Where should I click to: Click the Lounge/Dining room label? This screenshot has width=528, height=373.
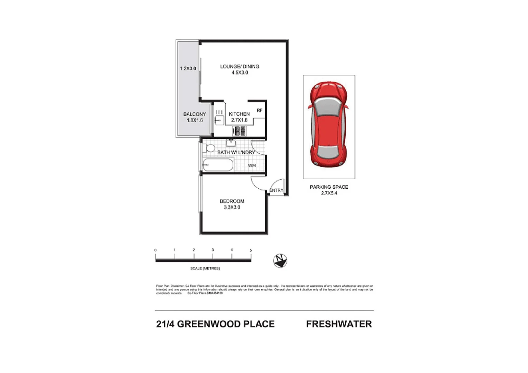click(x=239, y=69)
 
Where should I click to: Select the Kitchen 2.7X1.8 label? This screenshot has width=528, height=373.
click(x=239, y=117)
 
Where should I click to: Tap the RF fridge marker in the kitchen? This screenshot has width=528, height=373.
click(x=260, y=111)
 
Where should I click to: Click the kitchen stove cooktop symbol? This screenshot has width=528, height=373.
click(x=239, y=131)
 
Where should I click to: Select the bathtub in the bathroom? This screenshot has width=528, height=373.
click(x=218, y=165)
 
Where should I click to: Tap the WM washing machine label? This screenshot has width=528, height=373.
click(x=252, y=166)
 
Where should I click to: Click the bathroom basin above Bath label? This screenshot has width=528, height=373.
click(x=231, y=143)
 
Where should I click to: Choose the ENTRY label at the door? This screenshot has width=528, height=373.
click(x=276, y=190)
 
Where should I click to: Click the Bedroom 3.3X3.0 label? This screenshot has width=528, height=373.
click(x=232, y=204)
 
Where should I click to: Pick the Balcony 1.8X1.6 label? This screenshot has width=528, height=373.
click(x=195, y=117)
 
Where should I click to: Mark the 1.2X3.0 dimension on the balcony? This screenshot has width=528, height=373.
click(x=188, y=68)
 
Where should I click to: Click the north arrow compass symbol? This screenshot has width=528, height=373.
click(x=280, y=260)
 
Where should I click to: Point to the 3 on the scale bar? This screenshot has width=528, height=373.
click(x=213, y=250)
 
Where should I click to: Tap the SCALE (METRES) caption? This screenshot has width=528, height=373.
click(x=205, y=268)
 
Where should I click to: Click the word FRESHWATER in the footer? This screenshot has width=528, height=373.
click(x=339, y=324)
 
